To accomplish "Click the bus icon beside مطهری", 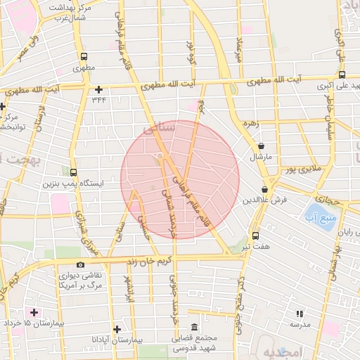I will coord(84,56).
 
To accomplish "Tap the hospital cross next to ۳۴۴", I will coord(98,89).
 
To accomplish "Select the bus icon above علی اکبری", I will coord(342,75).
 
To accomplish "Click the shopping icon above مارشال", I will coord(262,146).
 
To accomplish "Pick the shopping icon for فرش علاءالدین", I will coord(265,189).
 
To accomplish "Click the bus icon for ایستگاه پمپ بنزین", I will coord(74,172).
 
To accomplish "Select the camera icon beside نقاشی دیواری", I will coord(80,265).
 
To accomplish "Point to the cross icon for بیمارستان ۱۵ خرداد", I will coord(32,311).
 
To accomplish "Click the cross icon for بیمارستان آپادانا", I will coord(117,329).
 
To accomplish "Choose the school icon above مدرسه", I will coord(300,314).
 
